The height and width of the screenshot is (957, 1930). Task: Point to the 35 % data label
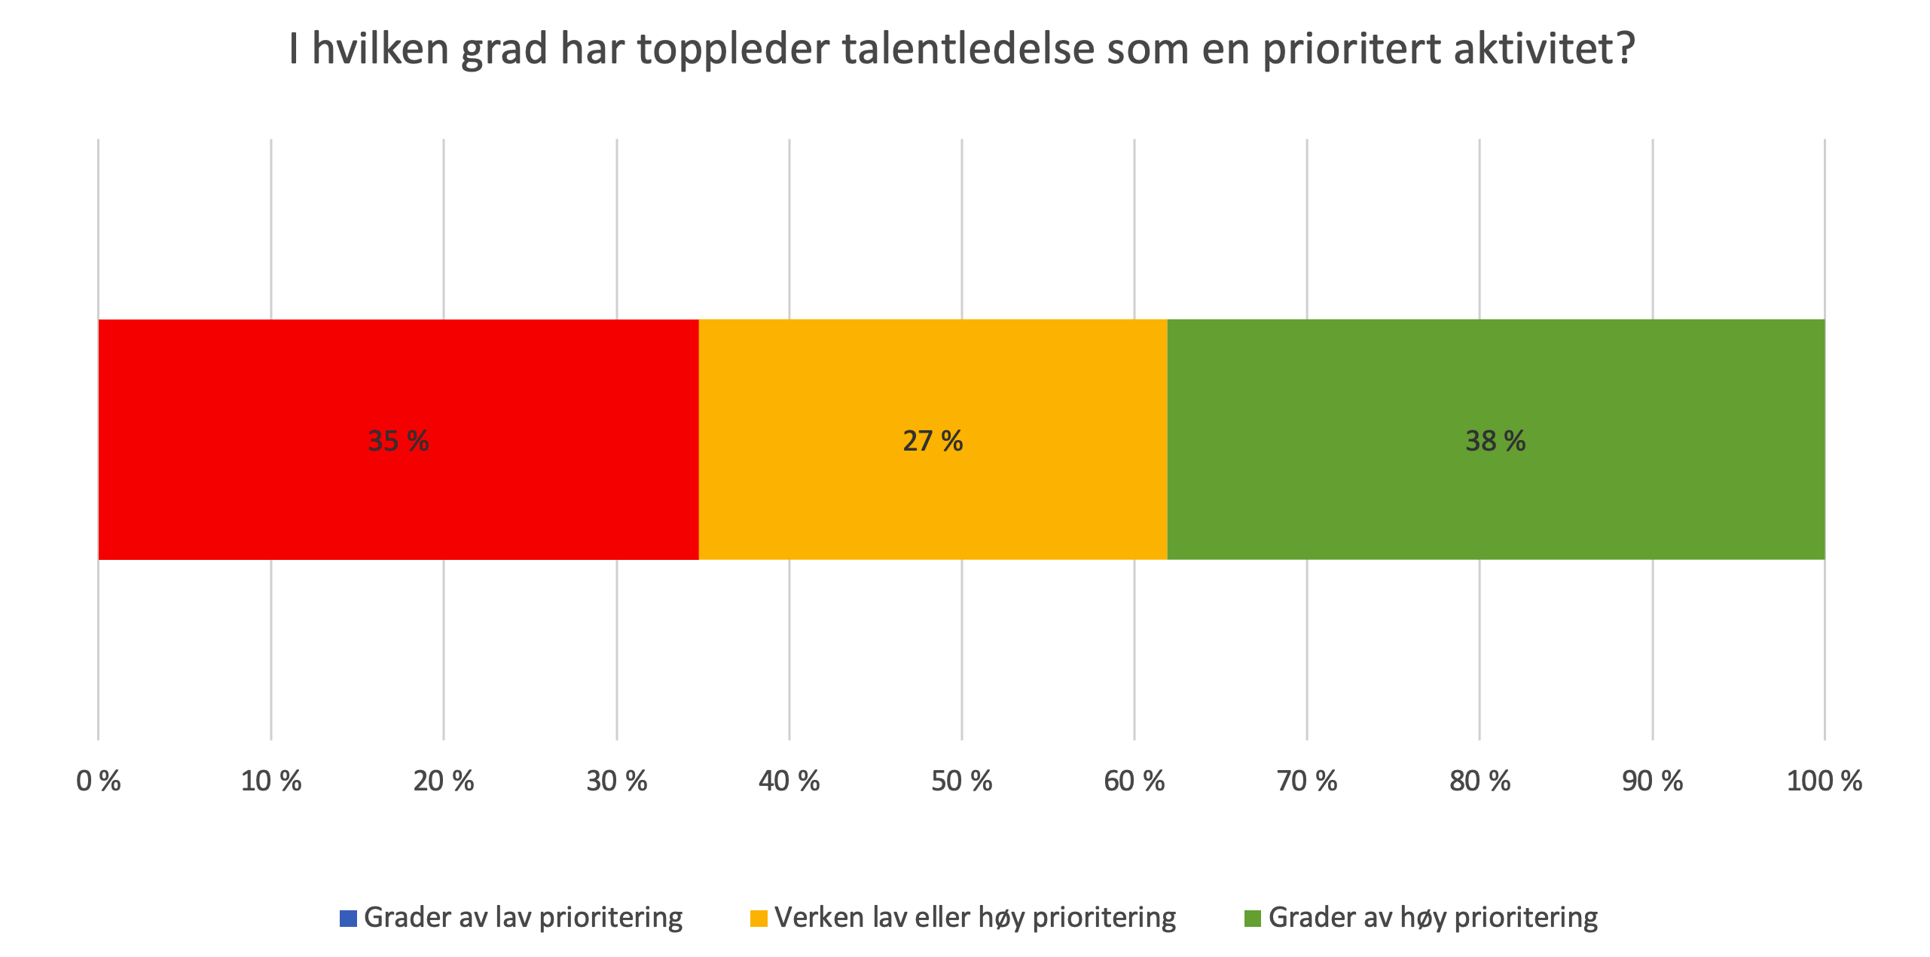(398, 441)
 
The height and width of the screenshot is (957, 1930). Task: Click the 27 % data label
(933, 441)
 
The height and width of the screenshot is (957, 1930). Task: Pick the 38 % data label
(1495, 441)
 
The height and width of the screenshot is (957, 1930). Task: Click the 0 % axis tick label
(99, 781)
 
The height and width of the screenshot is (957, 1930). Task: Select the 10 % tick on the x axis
(271, 781)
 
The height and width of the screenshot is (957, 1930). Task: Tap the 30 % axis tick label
(617, 781)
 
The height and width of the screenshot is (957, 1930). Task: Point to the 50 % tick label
(962, 781)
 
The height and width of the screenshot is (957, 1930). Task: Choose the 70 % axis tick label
(1307, 781)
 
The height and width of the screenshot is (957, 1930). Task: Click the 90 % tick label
(1653, 781)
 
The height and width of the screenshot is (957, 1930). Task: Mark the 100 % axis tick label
(1825, 781)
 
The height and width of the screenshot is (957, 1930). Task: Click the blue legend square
(348, 919)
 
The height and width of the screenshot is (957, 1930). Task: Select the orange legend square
(759, 919)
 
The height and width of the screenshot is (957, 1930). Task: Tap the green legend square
(1252, 919)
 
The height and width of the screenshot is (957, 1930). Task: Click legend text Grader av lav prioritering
(523, 918)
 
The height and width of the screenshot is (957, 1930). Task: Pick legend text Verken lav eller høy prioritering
(975, 918)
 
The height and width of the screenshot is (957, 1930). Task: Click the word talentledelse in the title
(968, 49)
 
